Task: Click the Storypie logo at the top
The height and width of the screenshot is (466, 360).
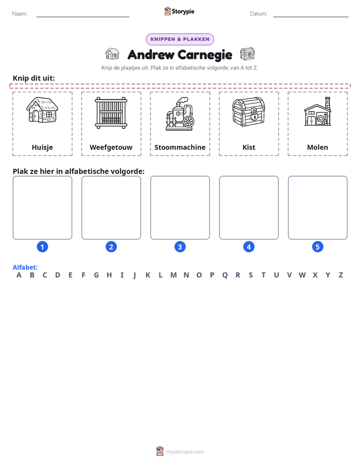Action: click(179, 11)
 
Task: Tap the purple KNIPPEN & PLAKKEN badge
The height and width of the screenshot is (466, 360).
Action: click(180, 39)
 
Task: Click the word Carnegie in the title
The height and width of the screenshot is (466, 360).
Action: click(205, 55)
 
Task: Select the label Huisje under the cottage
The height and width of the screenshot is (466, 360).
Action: click(42, 147)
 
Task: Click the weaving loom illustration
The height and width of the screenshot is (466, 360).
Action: click(111, 113)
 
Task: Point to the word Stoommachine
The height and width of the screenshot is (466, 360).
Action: click(180, 147)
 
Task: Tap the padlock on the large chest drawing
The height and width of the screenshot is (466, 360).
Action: click(254, 114)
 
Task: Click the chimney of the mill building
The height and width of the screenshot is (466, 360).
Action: click(328, 103)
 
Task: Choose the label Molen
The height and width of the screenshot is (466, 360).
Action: click(318, 147)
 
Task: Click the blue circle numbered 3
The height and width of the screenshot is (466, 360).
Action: click(180, 247)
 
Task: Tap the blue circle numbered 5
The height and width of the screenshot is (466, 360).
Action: click(318, 247)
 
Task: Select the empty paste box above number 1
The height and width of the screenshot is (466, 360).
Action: click(42, 208)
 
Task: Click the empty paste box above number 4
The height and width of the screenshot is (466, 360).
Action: click(249, 208)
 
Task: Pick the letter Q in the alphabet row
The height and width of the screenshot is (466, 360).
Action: click(225, 275)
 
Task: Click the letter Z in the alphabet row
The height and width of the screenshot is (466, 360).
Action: click(341, 275)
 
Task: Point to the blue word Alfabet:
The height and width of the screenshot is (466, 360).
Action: click(25, 267)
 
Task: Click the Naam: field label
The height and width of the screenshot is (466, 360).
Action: click(20, 14)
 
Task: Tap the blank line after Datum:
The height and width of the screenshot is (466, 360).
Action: click(311, 17)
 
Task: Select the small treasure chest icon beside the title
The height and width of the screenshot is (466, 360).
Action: click(248, 54)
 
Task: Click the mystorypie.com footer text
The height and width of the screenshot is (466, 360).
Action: click(185, 452)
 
